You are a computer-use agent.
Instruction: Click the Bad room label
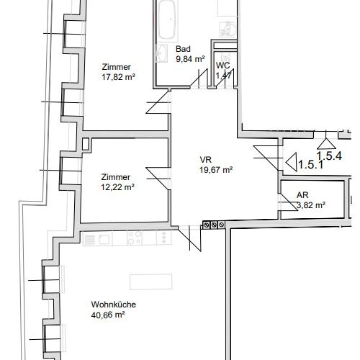pyautogui.click(x=184, y=50)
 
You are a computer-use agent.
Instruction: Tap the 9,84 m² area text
pyautogui.click(x=191, y=60)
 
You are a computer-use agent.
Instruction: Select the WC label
pyautogui.click(x=222, y=65)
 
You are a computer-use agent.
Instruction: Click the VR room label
pyautogui.click(x=206, y=161)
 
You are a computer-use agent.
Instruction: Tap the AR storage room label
pyautogui.click(x=302, y=195)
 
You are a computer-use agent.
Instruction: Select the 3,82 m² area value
pyautogui.click(x=310, y=205)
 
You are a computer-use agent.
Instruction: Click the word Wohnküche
pyautogui.click(x=113, y=305)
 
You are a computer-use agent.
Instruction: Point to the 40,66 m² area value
pyautogui.click(x=108, y=315)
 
